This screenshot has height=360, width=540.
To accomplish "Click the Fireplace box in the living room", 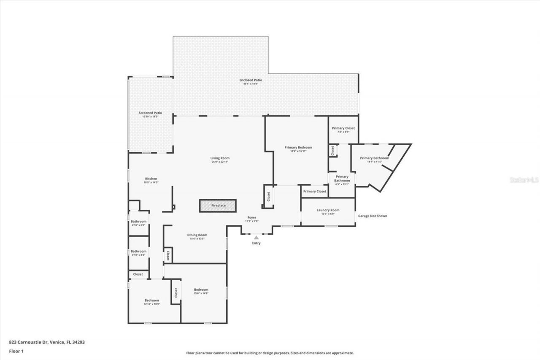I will pos(218,206).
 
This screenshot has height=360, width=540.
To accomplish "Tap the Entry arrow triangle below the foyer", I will pos(256,238).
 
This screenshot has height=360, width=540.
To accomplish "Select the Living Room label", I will pos(220,158).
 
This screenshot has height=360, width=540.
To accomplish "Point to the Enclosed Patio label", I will pos(251,80).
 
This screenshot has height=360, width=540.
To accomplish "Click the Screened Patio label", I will pos(150,113).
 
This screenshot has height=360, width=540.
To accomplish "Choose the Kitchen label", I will pos(151,179).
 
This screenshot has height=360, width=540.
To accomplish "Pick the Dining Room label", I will pos(197,235).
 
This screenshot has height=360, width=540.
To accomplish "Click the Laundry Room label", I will pos(328,210).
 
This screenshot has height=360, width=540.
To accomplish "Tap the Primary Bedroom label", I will pos(298,147).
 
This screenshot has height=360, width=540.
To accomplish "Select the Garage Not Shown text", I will pos(373,216).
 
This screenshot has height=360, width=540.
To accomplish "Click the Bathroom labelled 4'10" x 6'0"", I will pos(138,222).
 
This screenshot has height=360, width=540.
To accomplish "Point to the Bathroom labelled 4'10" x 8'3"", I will pos(138,252).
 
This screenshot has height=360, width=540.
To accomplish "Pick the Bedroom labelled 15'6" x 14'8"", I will pos(201,290).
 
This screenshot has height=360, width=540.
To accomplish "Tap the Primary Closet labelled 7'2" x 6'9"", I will pos(343,128).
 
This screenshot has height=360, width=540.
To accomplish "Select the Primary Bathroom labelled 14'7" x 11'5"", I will pos(374,158).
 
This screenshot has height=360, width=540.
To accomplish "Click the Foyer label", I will pos(251,218).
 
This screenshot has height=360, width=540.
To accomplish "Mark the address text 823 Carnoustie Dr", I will pos(47,342).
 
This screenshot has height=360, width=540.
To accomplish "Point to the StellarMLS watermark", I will pos(524,180).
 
